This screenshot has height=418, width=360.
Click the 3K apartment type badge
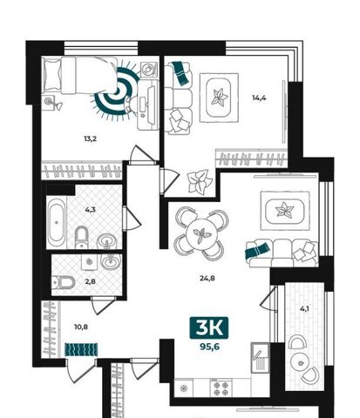209,328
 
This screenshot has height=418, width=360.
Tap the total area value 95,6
209,347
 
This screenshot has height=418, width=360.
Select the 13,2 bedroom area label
90,138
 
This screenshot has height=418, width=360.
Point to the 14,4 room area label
259,98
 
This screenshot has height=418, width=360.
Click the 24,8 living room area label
207,278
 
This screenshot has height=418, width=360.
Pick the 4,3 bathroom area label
91,209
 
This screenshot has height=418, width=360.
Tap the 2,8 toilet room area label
91,281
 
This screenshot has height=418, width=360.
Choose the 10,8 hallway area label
81,327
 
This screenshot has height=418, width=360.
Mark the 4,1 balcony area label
304,309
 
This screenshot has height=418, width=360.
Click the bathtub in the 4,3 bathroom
56,223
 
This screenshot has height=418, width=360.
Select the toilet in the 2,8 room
63,282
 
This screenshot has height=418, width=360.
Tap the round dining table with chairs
201,233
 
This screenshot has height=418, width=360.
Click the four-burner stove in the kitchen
221,388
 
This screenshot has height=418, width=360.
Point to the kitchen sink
260,357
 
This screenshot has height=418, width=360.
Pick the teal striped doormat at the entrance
81,349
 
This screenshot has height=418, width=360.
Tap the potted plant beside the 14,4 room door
200,182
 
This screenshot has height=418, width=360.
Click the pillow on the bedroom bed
53,74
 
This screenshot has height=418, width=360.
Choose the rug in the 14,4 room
219,98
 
